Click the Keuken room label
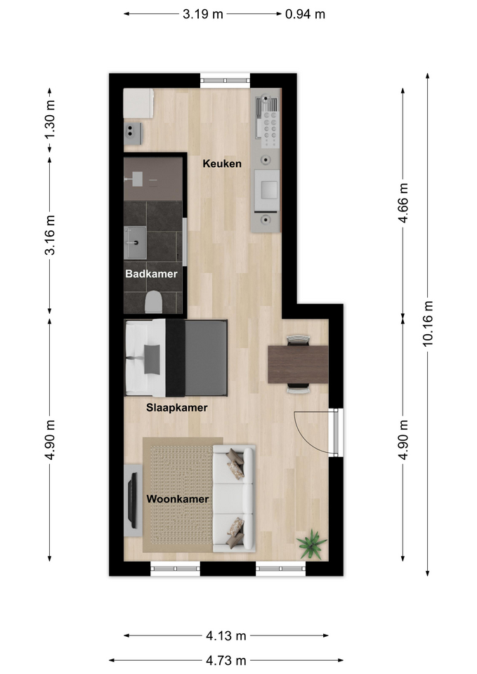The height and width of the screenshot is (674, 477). [x=222, y=164]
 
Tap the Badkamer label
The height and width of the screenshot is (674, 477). [x=152, y=274]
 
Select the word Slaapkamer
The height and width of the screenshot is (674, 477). [x=177, y=407]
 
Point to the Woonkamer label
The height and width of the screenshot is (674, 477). [x=178, y=499]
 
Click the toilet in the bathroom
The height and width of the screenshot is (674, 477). [x=153, y=302]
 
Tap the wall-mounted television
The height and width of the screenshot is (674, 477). [x=133, y=501]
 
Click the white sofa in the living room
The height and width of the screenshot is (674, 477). [x=234, y=498]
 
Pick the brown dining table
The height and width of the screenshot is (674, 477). [x=298, y=364]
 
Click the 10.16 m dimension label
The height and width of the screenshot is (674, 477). [x=428, y=324]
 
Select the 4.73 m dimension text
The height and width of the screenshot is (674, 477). [x=226, y=660]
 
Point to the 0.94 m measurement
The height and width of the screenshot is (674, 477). [x=305, y=14]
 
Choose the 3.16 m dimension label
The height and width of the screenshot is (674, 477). [x=50, y=235]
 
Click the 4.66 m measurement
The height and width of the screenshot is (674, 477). [x=403, y=203]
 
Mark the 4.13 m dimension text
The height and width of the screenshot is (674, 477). [x=226, y=635]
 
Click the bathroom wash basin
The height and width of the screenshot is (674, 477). [x=135, y=243]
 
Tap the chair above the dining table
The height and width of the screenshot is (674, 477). [x=298, y=340]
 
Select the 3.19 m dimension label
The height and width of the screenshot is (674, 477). [x=203, y=14]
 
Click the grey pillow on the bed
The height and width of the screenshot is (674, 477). [x=152, y=359]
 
